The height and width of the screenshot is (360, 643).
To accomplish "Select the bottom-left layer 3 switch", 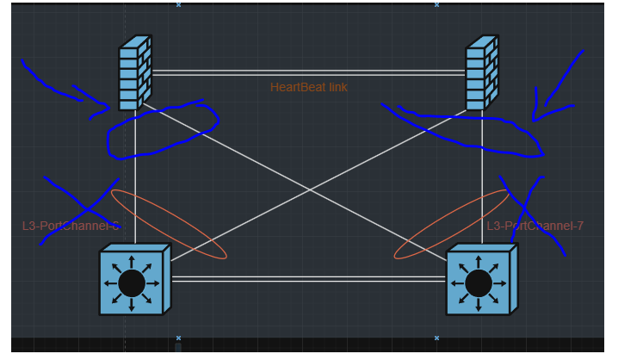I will tap(133, 281).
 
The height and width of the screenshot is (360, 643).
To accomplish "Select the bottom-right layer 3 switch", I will tap(480, 281).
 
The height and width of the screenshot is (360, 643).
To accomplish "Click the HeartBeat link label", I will tap(309, 87).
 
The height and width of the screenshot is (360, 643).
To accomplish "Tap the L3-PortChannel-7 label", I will tap(535, 226).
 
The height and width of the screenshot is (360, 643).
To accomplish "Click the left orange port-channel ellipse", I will tap(169, 224).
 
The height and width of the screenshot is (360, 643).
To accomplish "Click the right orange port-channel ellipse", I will tap(451, 224).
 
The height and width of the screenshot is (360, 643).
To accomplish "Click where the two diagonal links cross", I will tap(308, 190).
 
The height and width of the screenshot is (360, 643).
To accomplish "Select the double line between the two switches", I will tap(308, 278).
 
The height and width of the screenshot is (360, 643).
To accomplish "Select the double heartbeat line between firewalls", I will tap(308, 73).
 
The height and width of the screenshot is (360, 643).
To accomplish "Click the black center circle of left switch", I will tap(131, 282).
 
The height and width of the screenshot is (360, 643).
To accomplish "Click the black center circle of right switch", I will tap(478, 282).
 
